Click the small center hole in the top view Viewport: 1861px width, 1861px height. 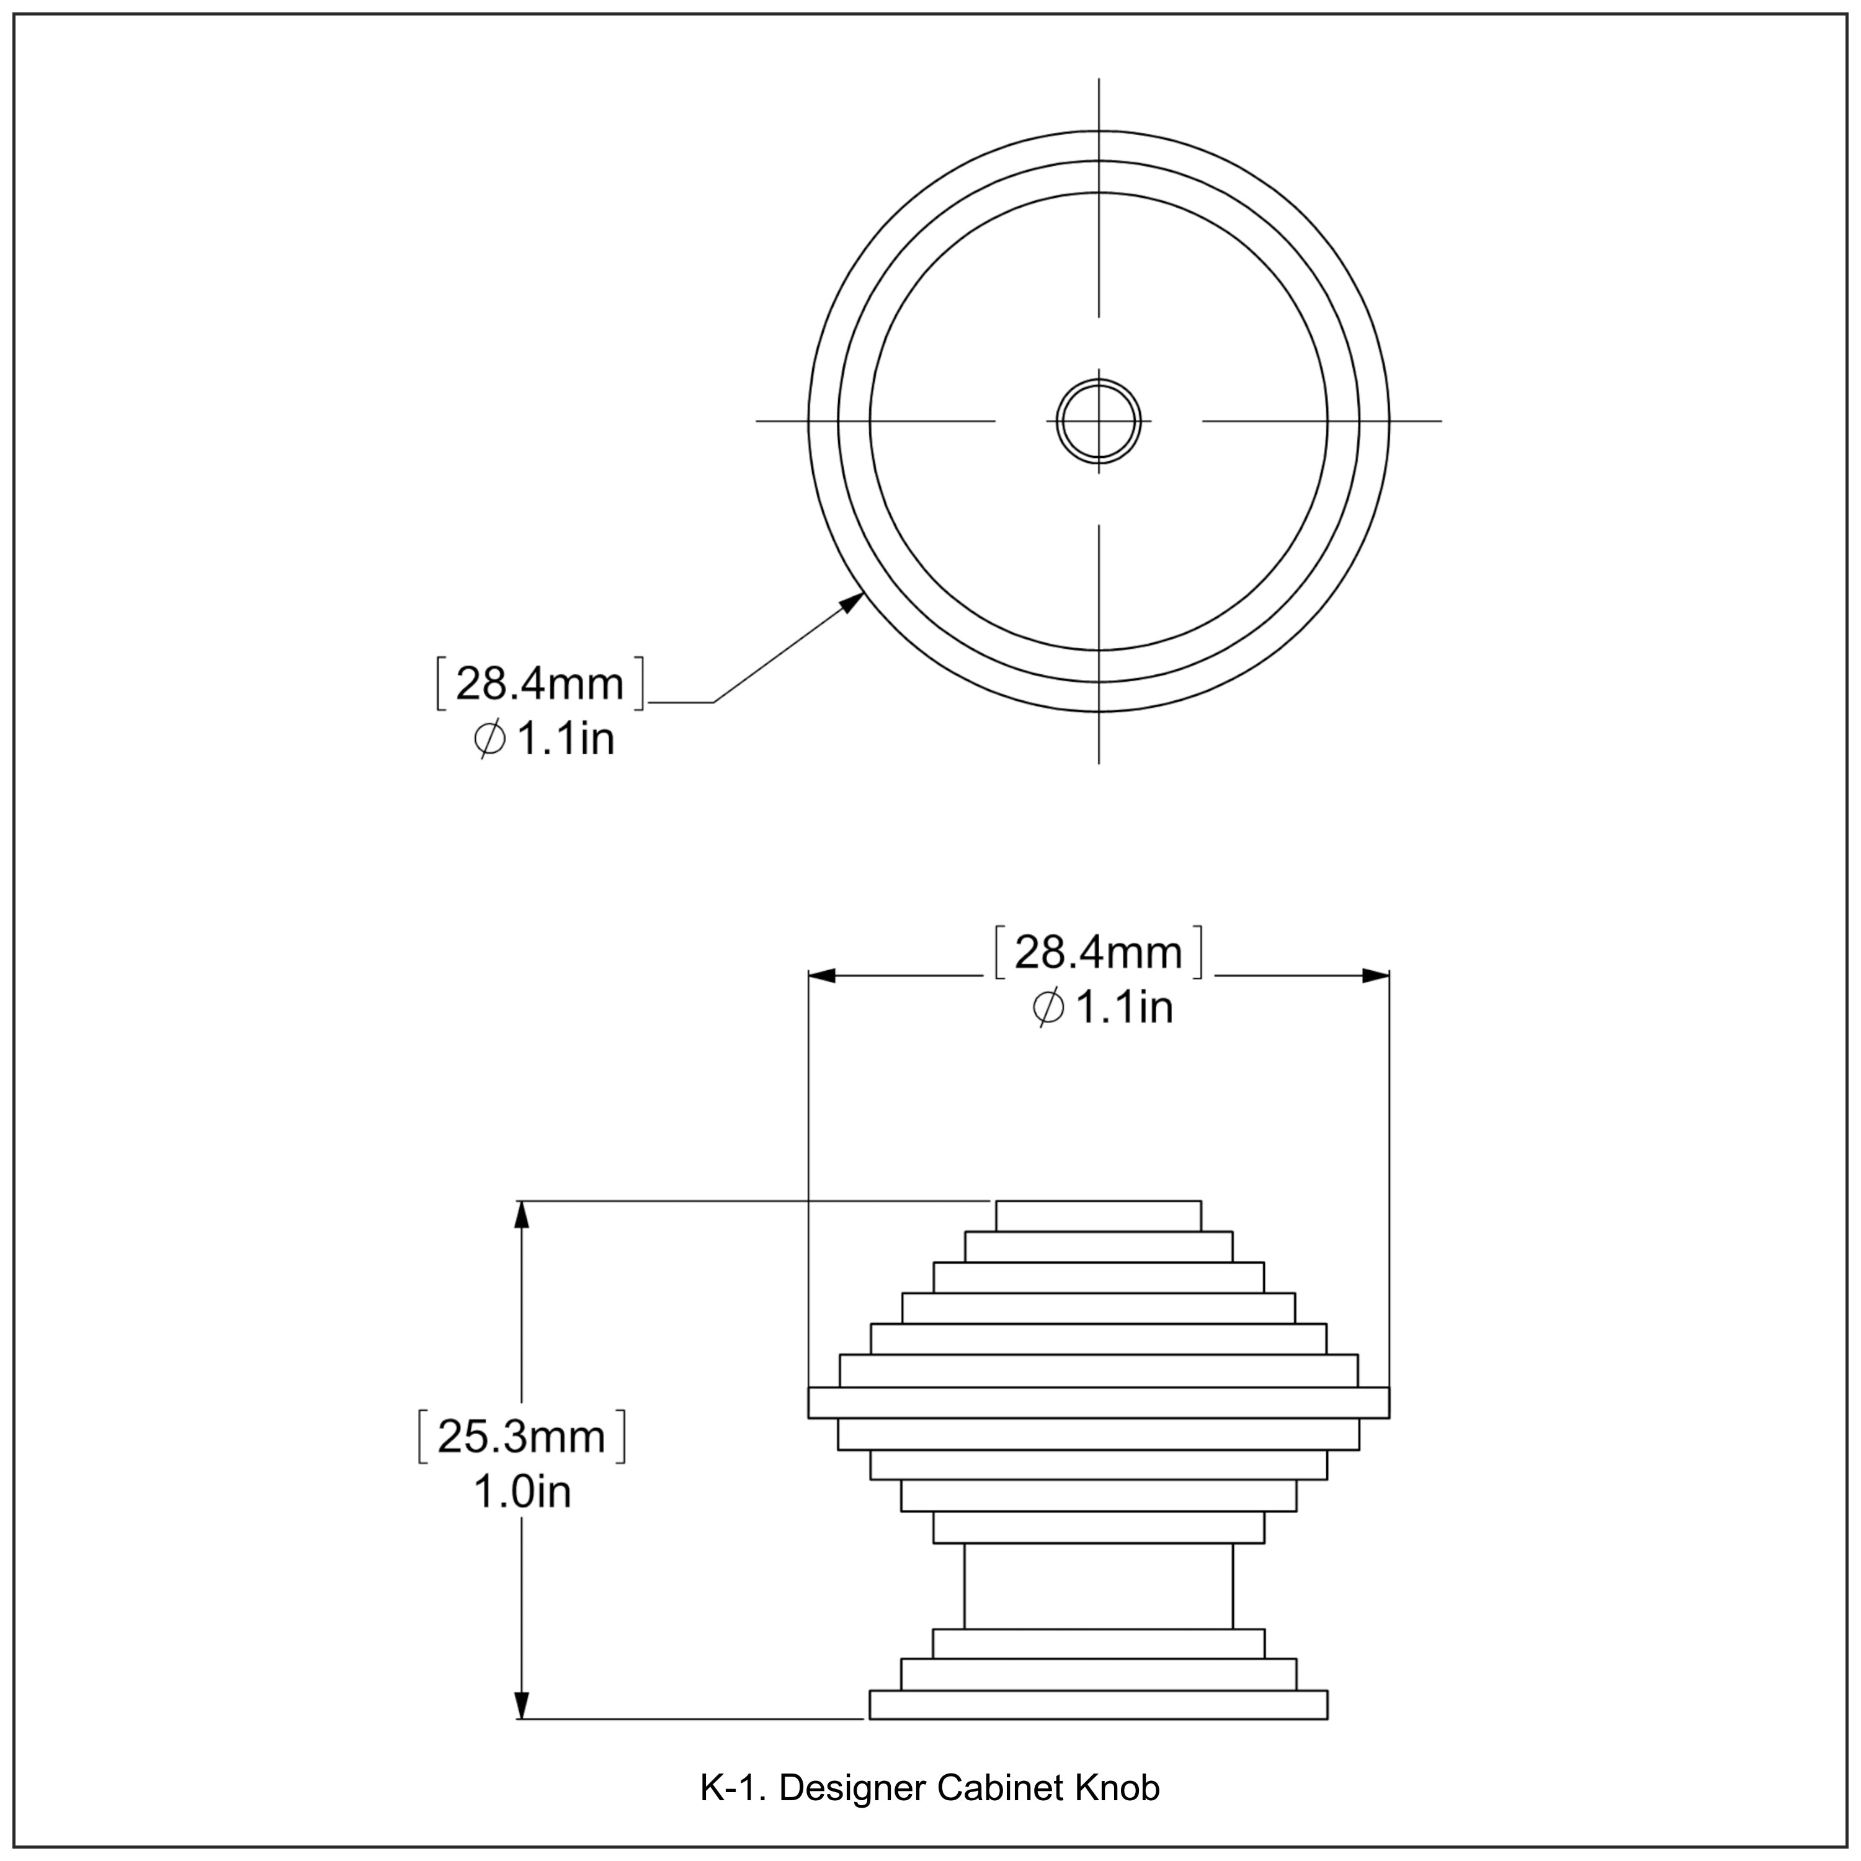click(1098, 421)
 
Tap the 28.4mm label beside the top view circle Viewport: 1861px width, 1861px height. click(540, 683)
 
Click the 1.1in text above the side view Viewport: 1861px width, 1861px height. click(1123, 1007)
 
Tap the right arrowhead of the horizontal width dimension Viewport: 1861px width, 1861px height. click(1377, 976)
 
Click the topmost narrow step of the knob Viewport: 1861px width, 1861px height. click(1098, 1216)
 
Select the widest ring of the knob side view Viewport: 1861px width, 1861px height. click(1098, 1403)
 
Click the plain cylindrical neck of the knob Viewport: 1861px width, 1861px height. click(1098, 1586)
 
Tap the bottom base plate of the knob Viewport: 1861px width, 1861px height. click(1098, 1705)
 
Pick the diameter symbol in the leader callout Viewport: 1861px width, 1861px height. click(490, 740)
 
